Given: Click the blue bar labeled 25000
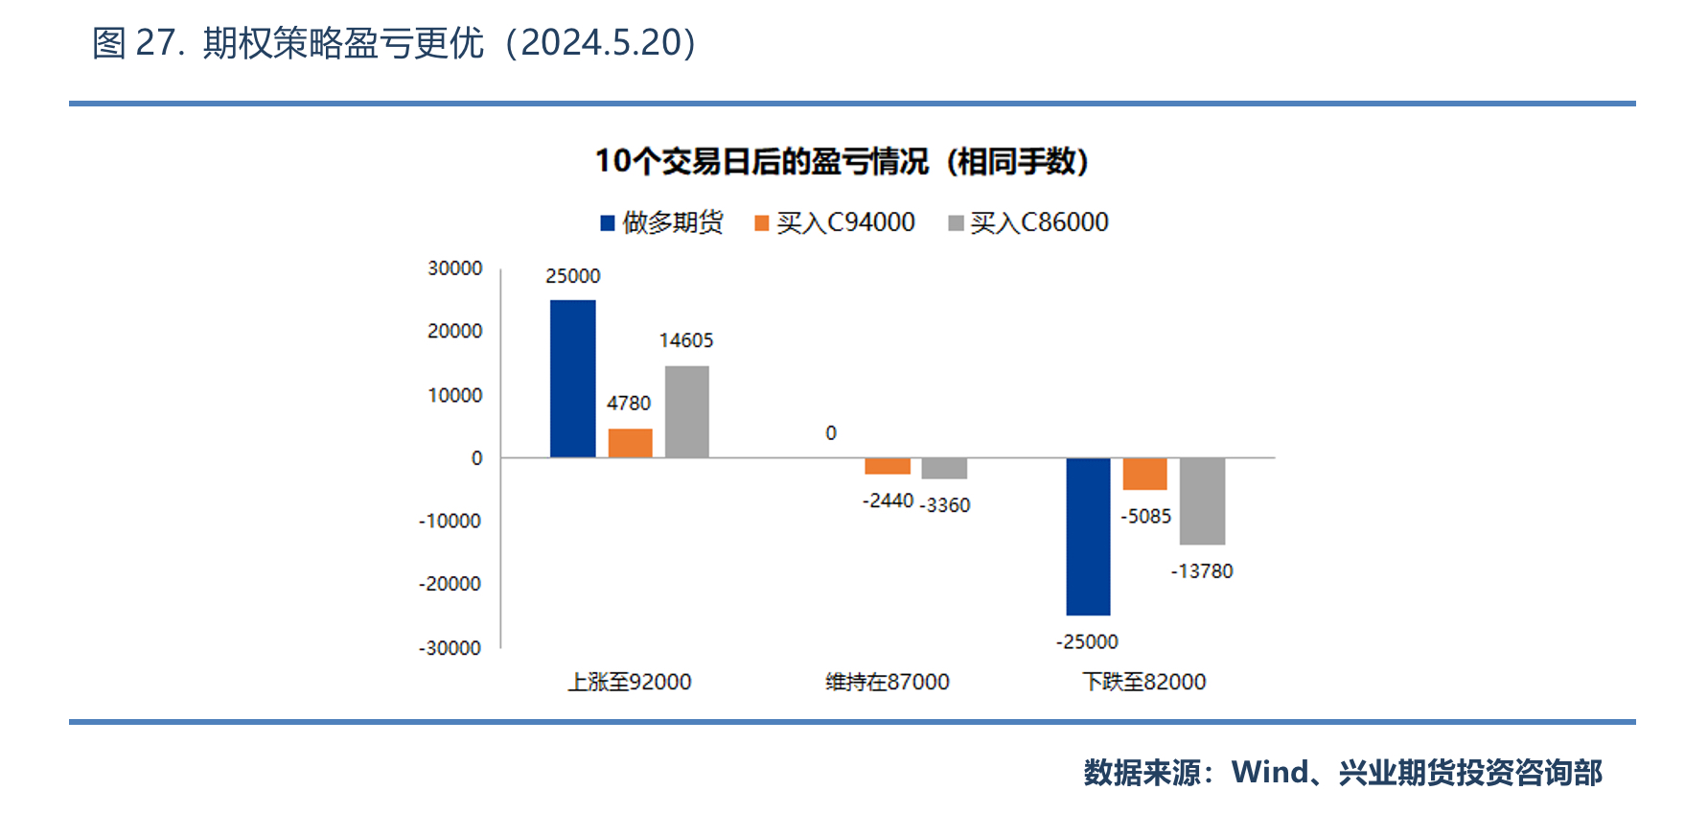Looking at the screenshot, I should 572,379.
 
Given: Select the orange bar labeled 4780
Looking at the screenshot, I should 630,443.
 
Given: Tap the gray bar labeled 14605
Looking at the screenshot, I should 686,411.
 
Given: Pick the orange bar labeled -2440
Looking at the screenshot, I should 888,466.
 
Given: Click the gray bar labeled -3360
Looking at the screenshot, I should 944,468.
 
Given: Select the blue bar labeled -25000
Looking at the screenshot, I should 1088,536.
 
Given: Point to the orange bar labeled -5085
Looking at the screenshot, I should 1144,474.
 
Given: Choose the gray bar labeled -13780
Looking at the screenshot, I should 1202,500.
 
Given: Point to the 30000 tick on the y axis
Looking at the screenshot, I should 454,268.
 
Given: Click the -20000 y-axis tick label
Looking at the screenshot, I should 450,584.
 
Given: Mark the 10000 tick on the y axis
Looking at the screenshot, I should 454,395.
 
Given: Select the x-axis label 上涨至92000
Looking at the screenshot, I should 630,682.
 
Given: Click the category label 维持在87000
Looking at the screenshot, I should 888,682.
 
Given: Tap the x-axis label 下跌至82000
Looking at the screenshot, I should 1144,682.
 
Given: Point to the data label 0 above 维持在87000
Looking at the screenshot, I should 831,433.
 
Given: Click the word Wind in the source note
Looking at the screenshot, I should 1270,772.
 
